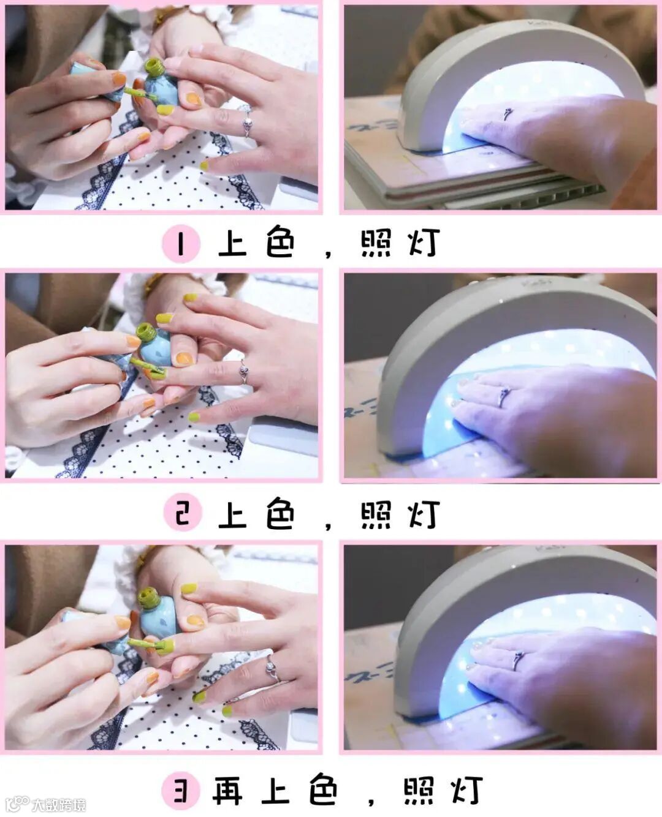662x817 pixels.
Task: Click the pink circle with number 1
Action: [181, 244]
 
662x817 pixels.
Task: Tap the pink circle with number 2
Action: [183, 512]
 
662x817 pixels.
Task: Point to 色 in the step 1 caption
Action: [280, 242]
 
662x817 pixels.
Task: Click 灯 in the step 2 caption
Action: [424, 514]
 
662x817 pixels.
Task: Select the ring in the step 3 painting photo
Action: [273, 669]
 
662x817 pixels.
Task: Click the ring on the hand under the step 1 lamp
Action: [508, 114]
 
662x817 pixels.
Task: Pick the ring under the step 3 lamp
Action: [519, 661]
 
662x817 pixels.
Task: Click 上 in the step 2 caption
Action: [232, 514]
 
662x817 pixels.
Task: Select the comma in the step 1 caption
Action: [328, 254]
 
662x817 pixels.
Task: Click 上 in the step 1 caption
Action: [232, 243]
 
